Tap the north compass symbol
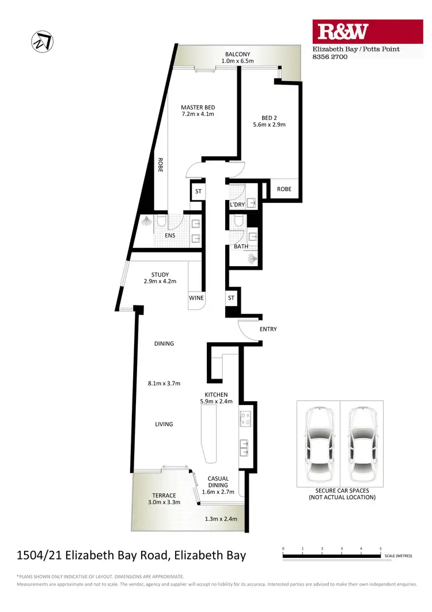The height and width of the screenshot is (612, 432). coord(41,41)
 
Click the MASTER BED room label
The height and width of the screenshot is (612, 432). coord(198,107)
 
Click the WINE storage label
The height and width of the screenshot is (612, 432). coord(196,298)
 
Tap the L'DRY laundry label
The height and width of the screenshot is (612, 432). coord(237,205)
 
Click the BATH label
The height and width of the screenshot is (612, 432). coord(241,247)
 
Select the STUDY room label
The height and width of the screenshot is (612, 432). coord(160,274)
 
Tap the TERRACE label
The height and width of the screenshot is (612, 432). coord(164,495)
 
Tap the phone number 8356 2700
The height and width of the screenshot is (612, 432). coord(329,58)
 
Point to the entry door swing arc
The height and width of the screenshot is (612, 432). coord(248,332)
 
